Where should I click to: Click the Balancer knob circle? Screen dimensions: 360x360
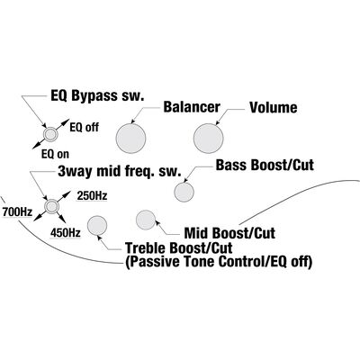[x=130, y=139]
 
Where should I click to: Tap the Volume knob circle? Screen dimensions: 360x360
[x=209, y=139]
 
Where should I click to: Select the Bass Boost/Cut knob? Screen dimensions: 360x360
[x=184, y=192]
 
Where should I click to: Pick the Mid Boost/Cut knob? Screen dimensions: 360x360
[x=146, y=220]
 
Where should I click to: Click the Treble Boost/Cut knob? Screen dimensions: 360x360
[x=97, y=226]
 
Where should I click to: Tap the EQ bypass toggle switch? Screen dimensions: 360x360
[x=49, y=134]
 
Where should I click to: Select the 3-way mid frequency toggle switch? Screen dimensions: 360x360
[x=51, y=206]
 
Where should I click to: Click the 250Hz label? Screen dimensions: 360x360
[x=92, y=196]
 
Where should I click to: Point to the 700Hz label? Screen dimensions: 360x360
[x=17, y=212]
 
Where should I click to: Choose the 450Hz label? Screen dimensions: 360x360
[x=66, y=233]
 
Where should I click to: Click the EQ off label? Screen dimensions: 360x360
[x=85, y=127]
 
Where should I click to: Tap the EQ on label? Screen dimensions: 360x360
[x=55, y=155]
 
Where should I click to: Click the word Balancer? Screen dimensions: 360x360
[x=192, y=107]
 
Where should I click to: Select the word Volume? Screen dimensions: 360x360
[x=274, y=108]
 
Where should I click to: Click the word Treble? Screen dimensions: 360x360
[x=146, y=248]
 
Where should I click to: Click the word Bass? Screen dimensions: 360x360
[x=231, y=166]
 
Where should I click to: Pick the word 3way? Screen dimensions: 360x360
[x=76, y=172]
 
